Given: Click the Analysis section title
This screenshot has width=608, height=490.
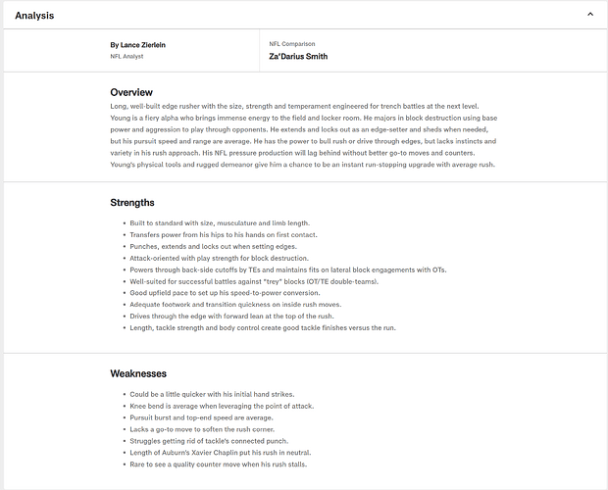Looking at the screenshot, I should pyautogui.click(x=34, y=15).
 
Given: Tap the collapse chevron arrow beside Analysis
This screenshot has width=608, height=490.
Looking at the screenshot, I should pyautogui.click(x=589, y=15).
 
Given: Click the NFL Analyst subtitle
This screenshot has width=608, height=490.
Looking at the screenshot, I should pyautogui.click(x=127, y=57).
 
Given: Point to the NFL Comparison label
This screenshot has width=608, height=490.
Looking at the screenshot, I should pyautogui.click(x=291, y=44).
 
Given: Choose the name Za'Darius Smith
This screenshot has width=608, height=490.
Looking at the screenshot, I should pyautogui.click(x=298, y=57).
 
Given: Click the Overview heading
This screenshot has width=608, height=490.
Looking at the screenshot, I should pyautogui.click(x=131, y=92).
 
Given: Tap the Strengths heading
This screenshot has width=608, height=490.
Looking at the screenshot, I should pyautogui.click(x=132, y=203).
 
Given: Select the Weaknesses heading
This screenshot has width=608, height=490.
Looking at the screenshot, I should pyautogui.click(x=138, y=373).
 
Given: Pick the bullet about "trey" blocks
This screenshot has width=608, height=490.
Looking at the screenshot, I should pyautogui.click(x=253, y=281).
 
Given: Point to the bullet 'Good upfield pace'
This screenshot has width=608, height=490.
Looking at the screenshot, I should pyautogui.click(x=226, y=293).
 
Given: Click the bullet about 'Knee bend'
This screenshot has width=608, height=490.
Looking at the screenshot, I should pyautogui.click(x=224, y=406).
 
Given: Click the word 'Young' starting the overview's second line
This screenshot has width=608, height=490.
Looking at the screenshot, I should pyautogui.click(x=122, y=118).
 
